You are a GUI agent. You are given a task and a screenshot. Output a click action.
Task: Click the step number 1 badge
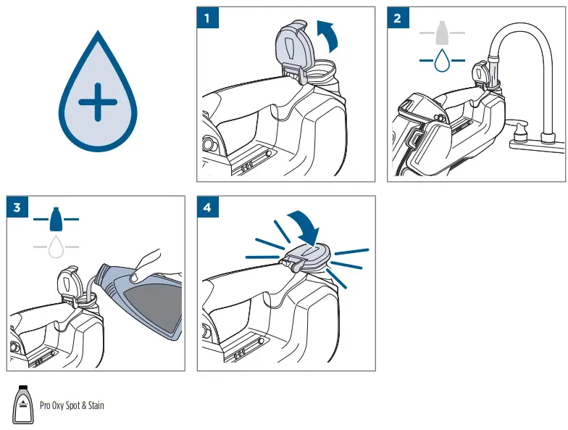[207, 17]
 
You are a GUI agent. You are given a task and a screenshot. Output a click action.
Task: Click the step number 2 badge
[398, 17]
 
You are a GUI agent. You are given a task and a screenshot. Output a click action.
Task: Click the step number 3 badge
[17, 207]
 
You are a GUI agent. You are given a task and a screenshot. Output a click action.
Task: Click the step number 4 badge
[208, 207]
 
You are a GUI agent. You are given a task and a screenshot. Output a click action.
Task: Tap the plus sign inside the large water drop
[97, 102]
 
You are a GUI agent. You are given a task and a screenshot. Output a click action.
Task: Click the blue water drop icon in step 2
[442, 60]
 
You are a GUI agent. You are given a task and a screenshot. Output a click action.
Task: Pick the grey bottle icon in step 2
[442, 33]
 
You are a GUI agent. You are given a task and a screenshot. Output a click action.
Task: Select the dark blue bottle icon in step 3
[56, 219]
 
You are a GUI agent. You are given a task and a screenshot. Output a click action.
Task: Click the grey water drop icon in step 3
[56, 247]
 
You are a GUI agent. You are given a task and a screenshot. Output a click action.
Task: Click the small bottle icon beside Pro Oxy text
[23, 405]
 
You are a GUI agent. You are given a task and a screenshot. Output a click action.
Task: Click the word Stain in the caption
[96, 405]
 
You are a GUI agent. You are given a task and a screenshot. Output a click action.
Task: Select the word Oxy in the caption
[58, 406]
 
